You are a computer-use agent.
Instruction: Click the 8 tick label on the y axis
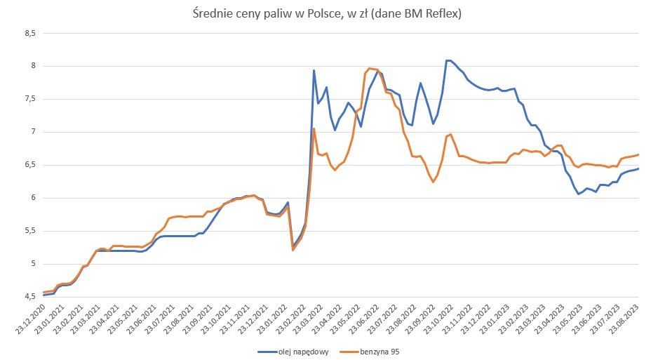pyautogui.click(x=33, y=66)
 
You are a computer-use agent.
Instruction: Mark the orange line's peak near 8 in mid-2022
pyautogui.click(x=370, y=68)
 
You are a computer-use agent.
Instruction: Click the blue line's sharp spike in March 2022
pyautogui.click(x=314, y=70)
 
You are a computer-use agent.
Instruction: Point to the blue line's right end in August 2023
pyautogui.click(x=638, y=168)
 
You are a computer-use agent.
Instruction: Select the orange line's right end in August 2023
pyautogui.click(x=638, y=154)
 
